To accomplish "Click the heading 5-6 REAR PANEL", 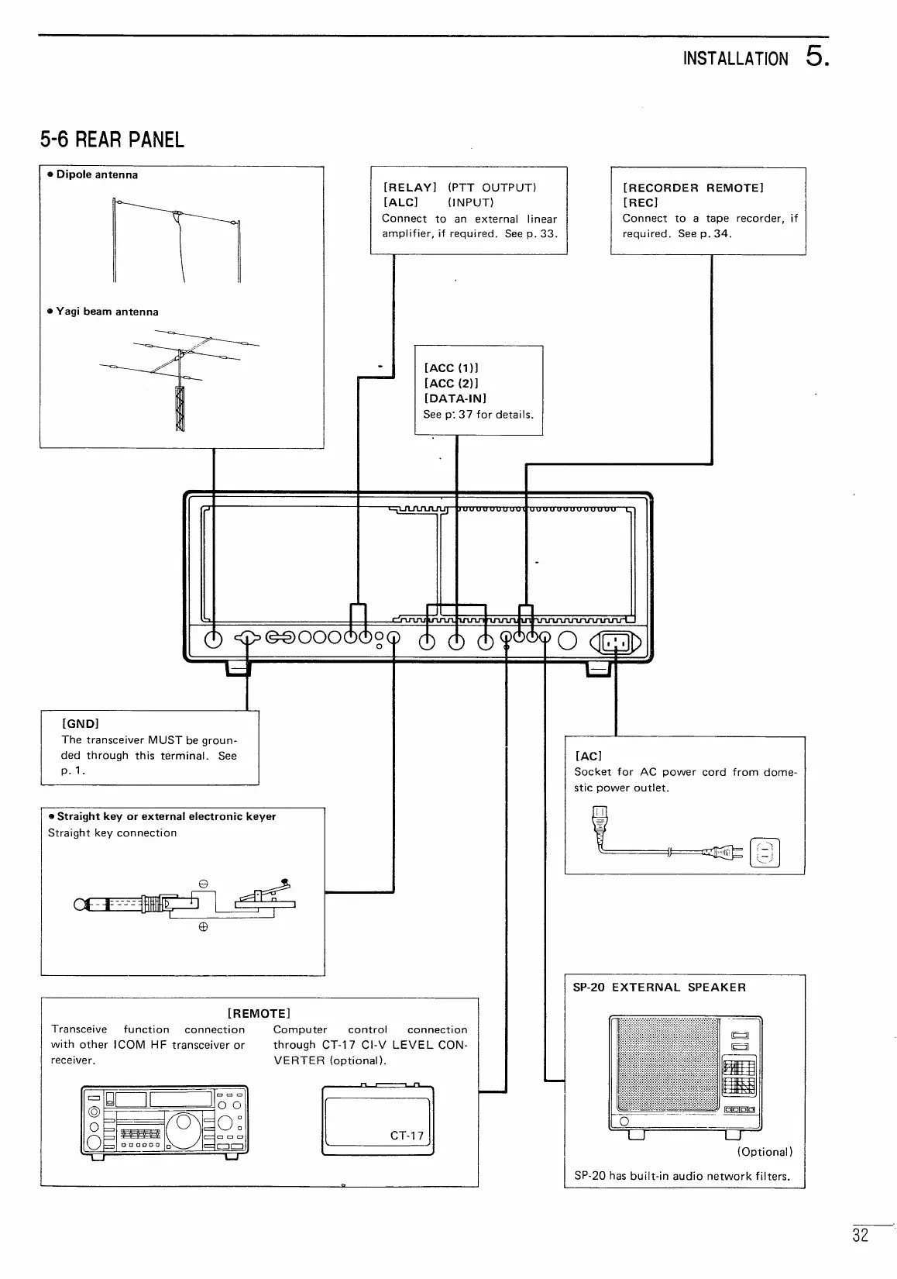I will [112, 140].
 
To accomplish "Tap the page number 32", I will [861, 1236].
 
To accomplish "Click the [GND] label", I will [80, 723].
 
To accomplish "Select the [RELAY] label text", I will [411, 188].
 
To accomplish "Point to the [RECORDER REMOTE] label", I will [693, 188].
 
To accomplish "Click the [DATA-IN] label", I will [455, 398].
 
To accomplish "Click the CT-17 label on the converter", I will [407, 1136].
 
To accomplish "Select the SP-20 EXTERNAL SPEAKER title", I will [659, 988].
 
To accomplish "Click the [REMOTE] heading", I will [259, 1013].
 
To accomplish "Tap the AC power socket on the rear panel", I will [616, 641].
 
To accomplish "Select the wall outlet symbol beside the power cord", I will [765, 853].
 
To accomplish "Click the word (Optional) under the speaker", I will [764, 1152].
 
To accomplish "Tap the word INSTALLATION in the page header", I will [736, 60].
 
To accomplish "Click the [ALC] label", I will [400, 203].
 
